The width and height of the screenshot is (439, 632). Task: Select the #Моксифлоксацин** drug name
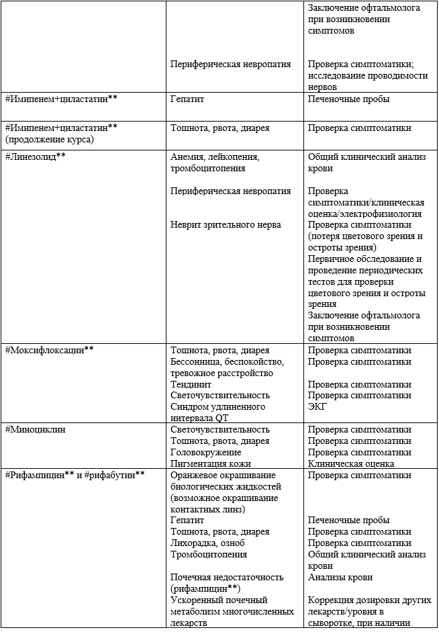pos(49,351)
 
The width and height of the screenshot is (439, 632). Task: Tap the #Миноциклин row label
pos(35,430)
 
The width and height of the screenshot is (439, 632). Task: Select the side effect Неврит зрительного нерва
pos(226,225)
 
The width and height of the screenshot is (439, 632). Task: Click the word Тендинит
pos(191,385)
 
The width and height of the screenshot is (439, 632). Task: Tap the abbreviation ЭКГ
pos(317,407)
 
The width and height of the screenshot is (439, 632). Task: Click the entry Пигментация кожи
pos(211,464)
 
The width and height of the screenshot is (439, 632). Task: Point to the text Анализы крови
pos(340,578)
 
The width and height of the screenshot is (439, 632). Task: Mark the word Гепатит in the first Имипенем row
pos(187,99)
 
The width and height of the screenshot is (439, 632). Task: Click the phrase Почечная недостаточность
pos(227,578)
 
